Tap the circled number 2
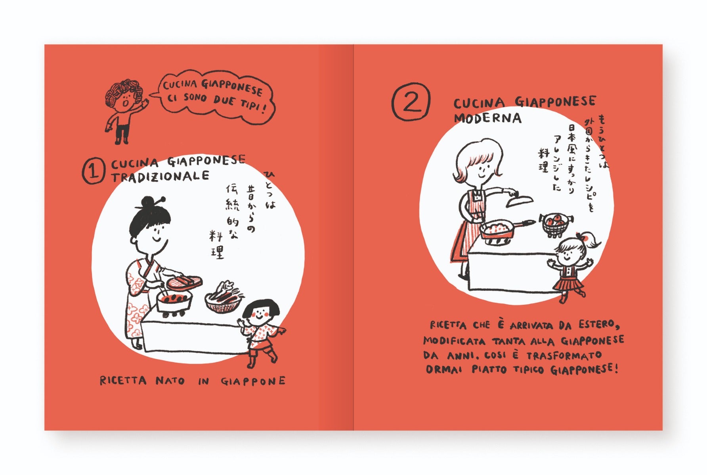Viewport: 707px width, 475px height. click(411, 102)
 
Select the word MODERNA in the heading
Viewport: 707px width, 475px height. click(487, 118)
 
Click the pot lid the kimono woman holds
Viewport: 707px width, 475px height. click(184, 282)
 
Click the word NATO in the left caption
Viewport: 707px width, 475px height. click(170, 381)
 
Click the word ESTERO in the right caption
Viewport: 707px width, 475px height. click(598, 325)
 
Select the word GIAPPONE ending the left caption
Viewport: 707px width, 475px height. click(253, 381)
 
